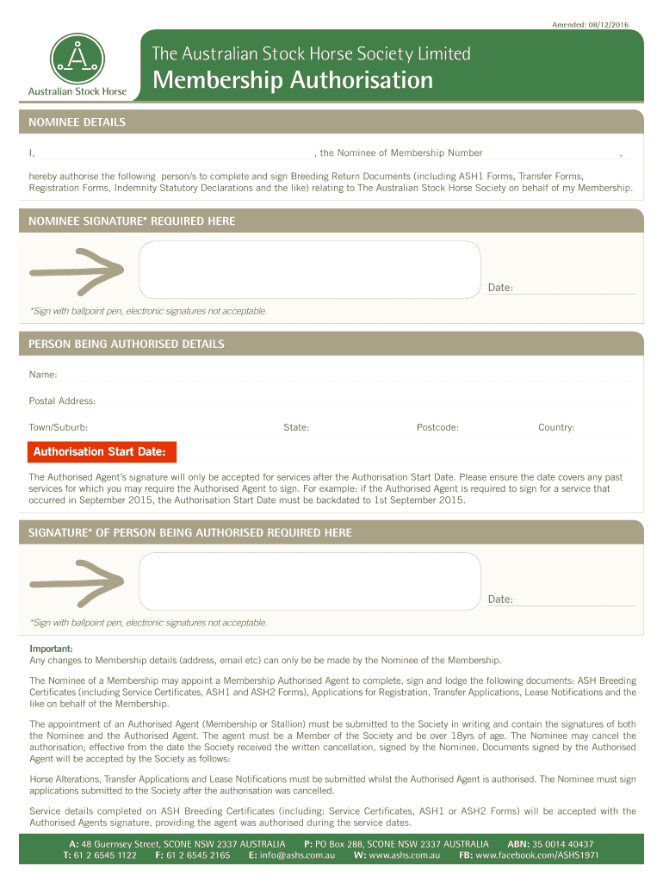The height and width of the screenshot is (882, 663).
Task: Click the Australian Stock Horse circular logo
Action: click(77, 59)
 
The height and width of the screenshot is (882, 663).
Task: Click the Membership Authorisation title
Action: click(292, 80)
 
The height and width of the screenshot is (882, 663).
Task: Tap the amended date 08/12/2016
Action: click(598, 23)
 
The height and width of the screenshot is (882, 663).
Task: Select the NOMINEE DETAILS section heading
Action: click(77, 122)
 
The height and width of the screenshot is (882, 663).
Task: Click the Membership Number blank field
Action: click(551, 152)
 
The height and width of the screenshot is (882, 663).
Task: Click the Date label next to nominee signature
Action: click(500, 287)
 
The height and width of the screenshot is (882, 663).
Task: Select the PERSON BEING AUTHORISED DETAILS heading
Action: click(127, 344)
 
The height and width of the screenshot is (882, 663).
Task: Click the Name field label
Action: click(43, 375)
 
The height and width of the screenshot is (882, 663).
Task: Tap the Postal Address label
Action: click(62, 401)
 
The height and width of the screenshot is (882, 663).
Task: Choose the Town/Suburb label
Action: click(59, 427)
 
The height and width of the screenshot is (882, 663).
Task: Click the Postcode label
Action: click(437, 427)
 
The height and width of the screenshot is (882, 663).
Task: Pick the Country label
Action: click(556, 427)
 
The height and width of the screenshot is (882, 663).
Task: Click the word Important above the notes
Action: click(52, 648)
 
